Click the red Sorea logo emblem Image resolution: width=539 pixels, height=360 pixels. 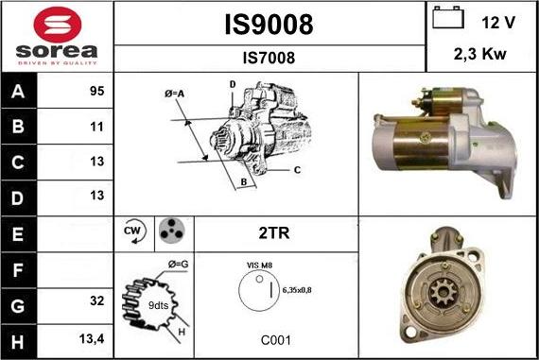[x=58, y=25]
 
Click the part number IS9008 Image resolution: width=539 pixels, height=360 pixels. [x=269, y=25]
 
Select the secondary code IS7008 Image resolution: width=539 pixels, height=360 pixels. [x=269, y=58]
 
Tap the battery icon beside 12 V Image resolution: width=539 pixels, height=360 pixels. [x=448, y=18]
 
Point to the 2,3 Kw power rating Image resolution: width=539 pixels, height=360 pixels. [x=479, y=54]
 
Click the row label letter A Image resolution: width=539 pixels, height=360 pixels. [x=18, y=92]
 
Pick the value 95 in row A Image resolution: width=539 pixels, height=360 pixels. [x=96, y=91]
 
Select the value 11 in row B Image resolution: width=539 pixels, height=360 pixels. [x=96, y=127]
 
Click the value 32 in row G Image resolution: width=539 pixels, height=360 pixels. [x=96, y=300]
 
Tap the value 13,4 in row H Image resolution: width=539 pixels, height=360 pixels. [x=92, y=339]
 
